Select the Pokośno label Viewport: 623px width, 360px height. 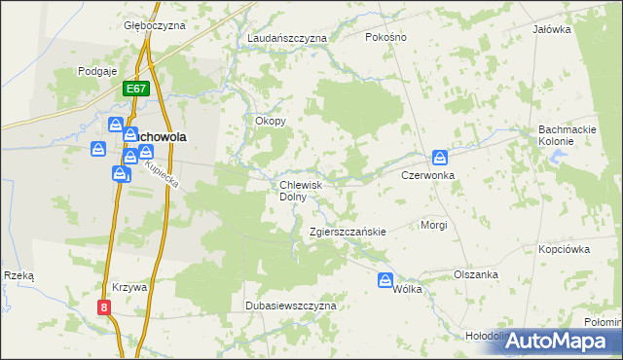point(385,37)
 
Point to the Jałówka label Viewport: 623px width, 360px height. point(551,29)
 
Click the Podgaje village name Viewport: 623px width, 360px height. point(97,71)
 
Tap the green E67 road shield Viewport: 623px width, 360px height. point(136,89)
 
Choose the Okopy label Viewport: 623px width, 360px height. point(270,122)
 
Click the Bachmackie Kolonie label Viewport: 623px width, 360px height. point(570,135)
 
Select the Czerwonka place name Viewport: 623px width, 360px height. point(428,175)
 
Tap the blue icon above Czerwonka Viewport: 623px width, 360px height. point(440,157)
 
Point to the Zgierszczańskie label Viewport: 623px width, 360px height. point(348,233)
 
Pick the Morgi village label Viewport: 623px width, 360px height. point(433,225)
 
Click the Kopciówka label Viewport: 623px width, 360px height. point(565,249)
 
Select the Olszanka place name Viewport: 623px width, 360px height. point(476,274)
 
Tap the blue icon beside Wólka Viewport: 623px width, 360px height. point(386,280)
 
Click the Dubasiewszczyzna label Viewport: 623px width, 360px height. point(290,306)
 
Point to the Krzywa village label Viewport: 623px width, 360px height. point(128,288)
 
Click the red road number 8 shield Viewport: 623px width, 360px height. point(104,306)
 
